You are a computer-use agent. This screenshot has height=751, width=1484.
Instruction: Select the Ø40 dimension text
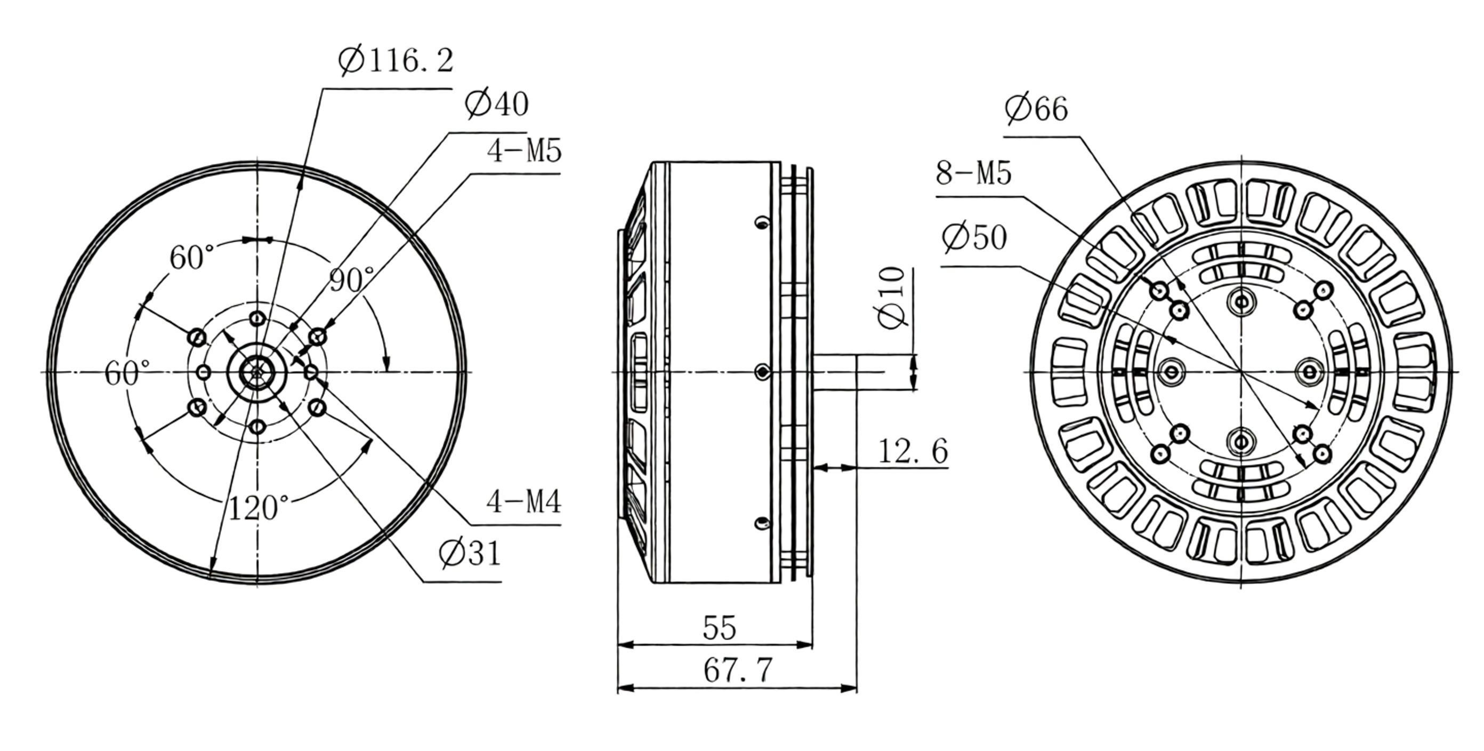tap(497, 105)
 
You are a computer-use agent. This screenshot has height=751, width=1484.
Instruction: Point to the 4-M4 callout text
tap(523, 501)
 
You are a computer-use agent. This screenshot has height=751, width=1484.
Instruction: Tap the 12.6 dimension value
tap(913, 451)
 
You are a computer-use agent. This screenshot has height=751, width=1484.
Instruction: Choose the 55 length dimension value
tap(720, 628)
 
